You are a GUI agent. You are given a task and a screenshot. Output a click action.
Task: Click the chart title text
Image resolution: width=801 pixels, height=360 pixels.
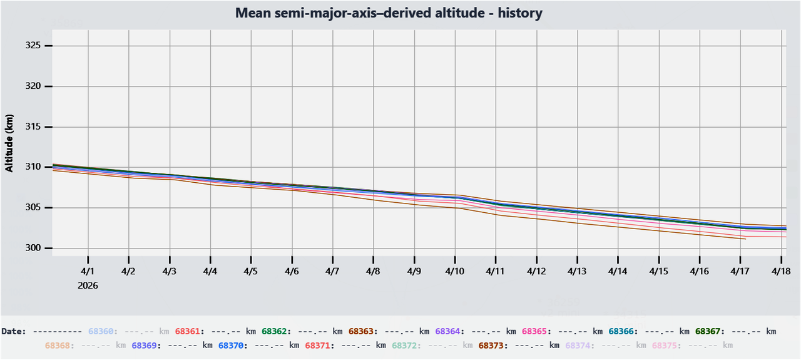click(x=389, y=13)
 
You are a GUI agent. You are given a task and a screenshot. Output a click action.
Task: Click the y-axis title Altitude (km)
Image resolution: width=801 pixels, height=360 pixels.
click(x=9, y=143)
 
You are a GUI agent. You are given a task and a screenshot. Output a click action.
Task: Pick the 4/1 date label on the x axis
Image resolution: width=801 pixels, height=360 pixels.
click(x=88, y=272)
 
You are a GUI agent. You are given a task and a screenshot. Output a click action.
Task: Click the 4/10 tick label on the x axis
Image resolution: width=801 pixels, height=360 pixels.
click(x=455, y=272)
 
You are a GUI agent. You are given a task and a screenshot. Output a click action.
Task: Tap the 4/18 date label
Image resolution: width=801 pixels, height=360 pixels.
click(x=781, y=272)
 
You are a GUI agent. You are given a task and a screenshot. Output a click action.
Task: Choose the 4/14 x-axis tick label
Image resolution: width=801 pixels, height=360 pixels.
click(x=618, y=272)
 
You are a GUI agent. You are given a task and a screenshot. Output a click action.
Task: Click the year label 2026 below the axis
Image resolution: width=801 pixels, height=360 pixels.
click(x=88, y=285)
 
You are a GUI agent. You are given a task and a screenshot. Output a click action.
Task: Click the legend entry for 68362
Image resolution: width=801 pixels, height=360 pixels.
click(x=274, y=331)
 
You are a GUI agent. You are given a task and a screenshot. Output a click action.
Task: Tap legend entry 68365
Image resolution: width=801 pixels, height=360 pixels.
click(x=534, y=331)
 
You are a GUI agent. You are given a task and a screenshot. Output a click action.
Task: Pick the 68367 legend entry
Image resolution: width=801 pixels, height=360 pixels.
click(x=708, y=331)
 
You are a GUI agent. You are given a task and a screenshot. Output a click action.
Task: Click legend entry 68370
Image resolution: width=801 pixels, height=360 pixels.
click(x=231, y=345)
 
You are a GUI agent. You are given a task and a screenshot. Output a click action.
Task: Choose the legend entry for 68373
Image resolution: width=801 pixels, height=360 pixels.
click(x=491, y=345)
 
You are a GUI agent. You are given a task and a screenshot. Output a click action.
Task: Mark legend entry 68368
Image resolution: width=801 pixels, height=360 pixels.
click(x=58, y=345)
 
